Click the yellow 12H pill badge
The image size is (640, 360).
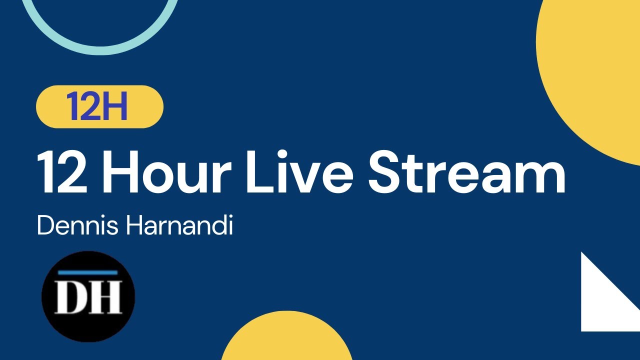[x=99, y=106]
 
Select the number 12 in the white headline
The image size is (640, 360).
[x=60, y=172]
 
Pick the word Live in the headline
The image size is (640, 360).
[x=299, y=172]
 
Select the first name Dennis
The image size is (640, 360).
[x=77, y=226]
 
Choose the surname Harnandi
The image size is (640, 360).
[x=179, y=226]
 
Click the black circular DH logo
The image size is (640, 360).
[x=88, y=296]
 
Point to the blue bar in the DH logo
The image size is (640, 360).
[x=88, y=273]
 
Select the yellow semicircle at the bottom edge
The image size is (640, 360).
[x=286, y=340]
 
